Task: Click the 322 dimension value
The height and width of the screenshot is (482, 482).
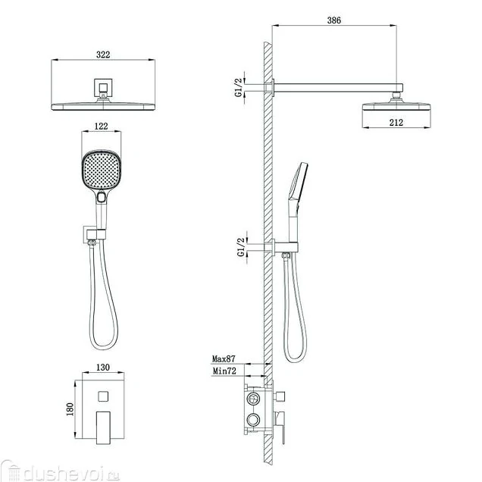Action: pyautogui.click(x=103, y=55)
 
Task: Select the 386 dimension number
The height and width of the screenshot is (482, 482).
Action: pyautogui.click(x=333, y=20)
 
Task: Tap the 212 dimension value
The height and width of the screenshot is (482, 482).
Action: pyautogui.click(x=396, y=122)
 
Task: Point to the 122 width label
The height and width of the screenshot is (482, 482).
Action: pyautogui.click(x=101, y=126)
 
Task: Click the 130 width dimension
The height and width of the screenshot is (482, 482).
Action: pyautogui.click(x=102, y=367)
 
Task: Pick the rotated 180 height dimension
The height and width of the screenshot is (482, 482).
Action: pyautogui.click(x=70, y=409)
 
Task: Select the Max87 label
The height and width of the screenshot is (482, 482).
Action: pyautogui.click(x=224, y=358)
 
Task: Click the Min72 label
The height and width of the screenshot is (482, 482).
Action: pyautogui.click(x=224, y=371)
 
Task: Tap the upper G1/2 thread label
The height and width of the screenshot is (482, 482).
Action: pyautogui.click(x=239, y=87)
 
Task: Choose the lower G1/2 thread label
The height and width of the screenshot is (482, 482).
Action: pyautogui.click(x=241, y=247)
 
